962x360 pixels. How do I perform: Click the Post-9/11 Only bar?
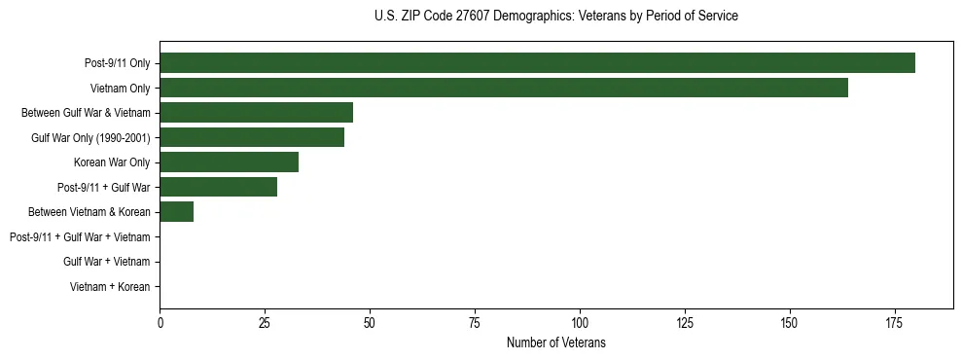pyautogui.click(x=537, y=62)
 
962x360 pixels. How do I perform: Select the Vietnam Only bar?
pyautogui.click(x=504, y=88)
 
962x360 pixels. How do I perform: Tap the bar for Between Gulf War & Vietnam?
pyautogui.click(x=257, y=112)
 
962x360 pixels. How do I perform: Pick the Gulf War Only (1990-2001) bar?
pyautogui.click(x=252, y=137)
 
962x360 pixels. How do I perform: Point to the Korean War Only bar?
pyautogui.click(x=230, y=162)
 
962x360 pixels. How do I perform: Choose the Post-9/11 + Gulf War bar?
pyautogui.click(x=219, y=187)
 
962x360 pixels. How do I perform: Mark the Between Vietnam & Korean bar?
pyautogui.click(x=177, y=211)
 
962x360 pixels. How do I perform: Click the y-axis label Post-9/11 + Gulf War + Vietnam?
pyautogui.click(x=80, y=236)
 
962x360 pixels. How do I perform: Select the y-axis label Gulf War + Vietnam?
pyautogui.click(x=107, y=262)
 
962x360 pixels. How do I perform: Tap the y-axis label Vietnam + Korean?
pyautogui.click(x=110, y=287)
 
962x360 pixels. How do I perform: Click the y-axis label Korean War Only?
pyautogui.click(x=112, y=162)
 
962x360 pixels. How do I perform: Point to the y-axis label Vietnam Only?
pyautogui.click(x=120, y=88)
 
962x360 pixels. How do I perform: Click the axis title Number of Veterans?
pyautogui.click(x=556, y=342)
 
